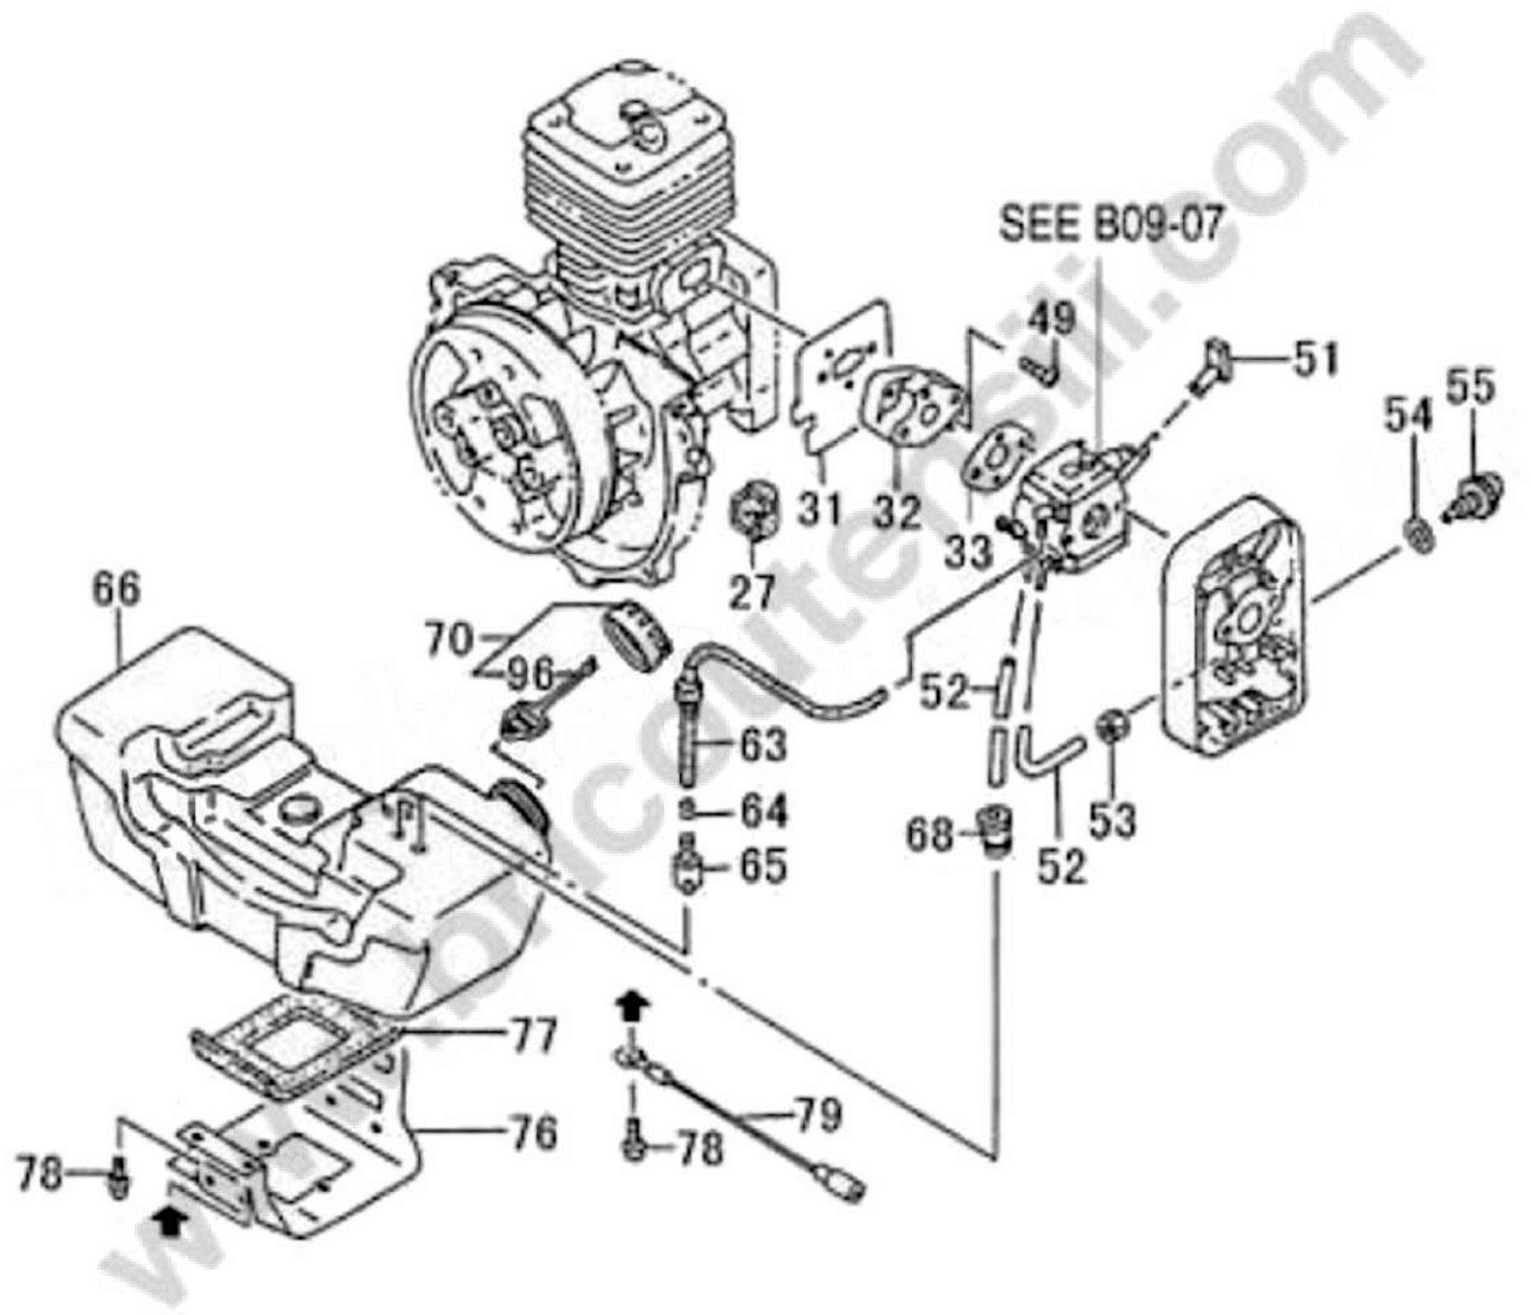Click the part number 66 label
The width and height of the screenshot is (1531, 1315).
[116, 592]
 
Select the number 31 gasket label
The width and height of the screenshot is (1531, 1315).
[819, 511]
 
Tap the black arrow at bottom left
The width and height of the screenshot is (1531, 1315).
[170, 1241]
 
